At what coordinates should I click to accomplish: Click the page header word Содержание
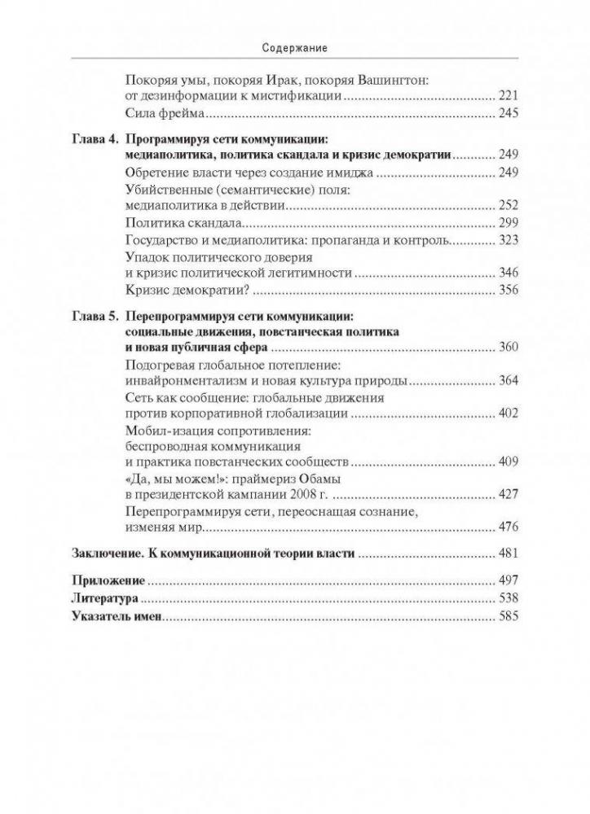295,48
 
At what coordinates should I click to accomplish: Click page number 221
508,95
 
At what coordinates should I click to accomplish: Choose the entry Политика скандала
187,224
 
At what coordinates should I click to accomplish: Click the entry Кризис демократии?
188,290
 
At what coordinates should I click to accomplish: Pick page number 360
508,348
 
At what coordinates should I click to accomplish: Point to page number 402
508,414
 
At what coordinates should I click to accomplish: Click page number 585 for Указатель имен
508,617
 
